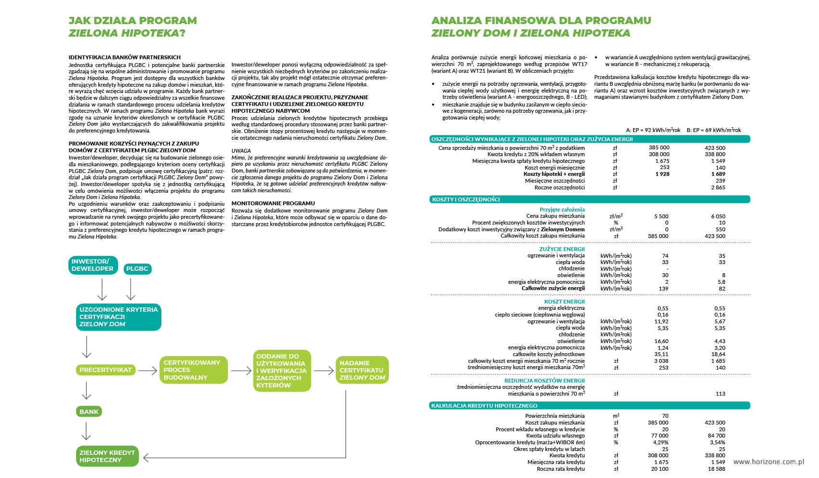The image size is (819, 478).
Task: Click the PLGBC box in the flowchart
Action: tap(137, 269)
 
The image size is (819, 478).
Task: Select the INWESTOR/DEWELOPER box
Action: tap(92, 265)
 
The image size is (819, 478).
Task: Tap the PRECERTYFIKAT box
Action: tap(106, 370)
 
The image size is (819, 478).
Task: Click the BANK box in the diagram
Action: tap(89, 412)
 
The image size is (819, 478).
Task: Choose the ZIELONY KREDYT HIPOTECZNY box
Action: tap(107, 456)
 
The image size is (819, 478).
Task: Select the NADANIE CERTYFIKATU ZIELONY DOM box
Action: tap(362, 370)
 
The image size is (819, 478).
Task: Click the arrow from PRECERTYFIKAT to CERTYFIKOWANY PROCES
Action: tap(147, 371)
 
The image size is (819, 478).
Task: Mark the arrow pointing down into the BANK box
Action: tap(86, 391)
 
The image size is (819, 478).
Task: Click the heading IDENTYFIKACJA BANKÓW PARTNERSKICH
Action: tap(124, 57)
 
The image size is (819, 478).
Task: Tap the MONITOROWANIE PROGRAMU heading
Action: tap(273, 203)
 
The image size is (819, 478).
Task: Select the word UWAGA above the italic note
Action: tap(241, 151)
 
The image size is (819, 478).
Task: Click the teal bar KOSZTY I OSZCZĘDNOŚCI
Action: tap(590, 199)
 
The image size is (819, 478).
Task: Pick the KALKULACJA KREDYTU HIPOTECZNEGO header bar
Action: tap(590, 406)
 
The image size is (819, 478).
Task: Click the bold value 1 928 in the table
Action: tap(662, 174)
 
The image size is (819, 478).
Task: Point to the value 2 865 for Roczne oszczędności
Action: tap(718, 187)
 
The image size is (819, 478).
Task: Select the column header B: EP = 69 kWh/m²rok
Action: tap(713, 130)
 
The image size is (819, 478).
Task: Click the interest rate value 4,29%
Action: tap(660, 442)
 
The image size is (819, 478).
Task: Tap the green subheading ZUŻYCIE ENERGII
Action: tap(562, 249)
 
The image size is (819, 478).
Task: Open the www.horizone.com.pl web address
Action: tap(768, 462)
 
